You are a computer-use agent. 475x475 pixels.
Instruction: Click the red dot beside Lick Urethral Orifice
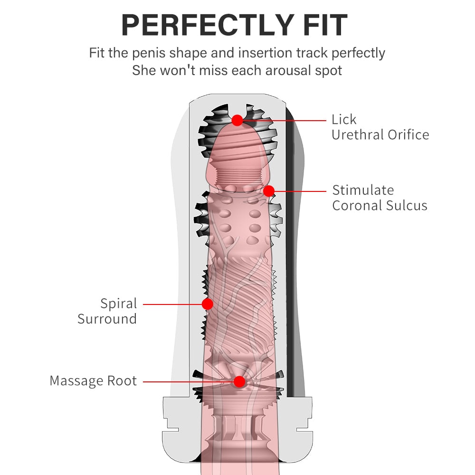tap(237, 120)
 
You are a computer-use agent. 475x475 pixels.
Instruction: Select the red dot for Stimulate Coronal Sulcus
tap(269, 191)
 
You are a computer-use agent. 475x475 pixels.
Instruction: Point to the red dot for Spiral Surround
tap(207, 304)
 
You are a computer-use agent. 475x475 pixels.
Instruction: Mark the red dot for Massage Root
tap(239, 381)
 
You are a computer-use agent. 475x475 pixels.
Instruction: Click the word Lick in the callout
tap(344, 120)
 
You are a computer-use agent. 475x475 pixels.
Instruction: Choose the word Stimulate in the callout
tap(363, 190)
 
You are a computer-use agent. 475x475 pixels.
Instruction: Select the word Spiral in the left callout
tap(118, 304)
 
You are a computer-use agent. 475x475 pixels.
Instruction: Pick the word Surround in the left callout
tap(107, 319)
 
